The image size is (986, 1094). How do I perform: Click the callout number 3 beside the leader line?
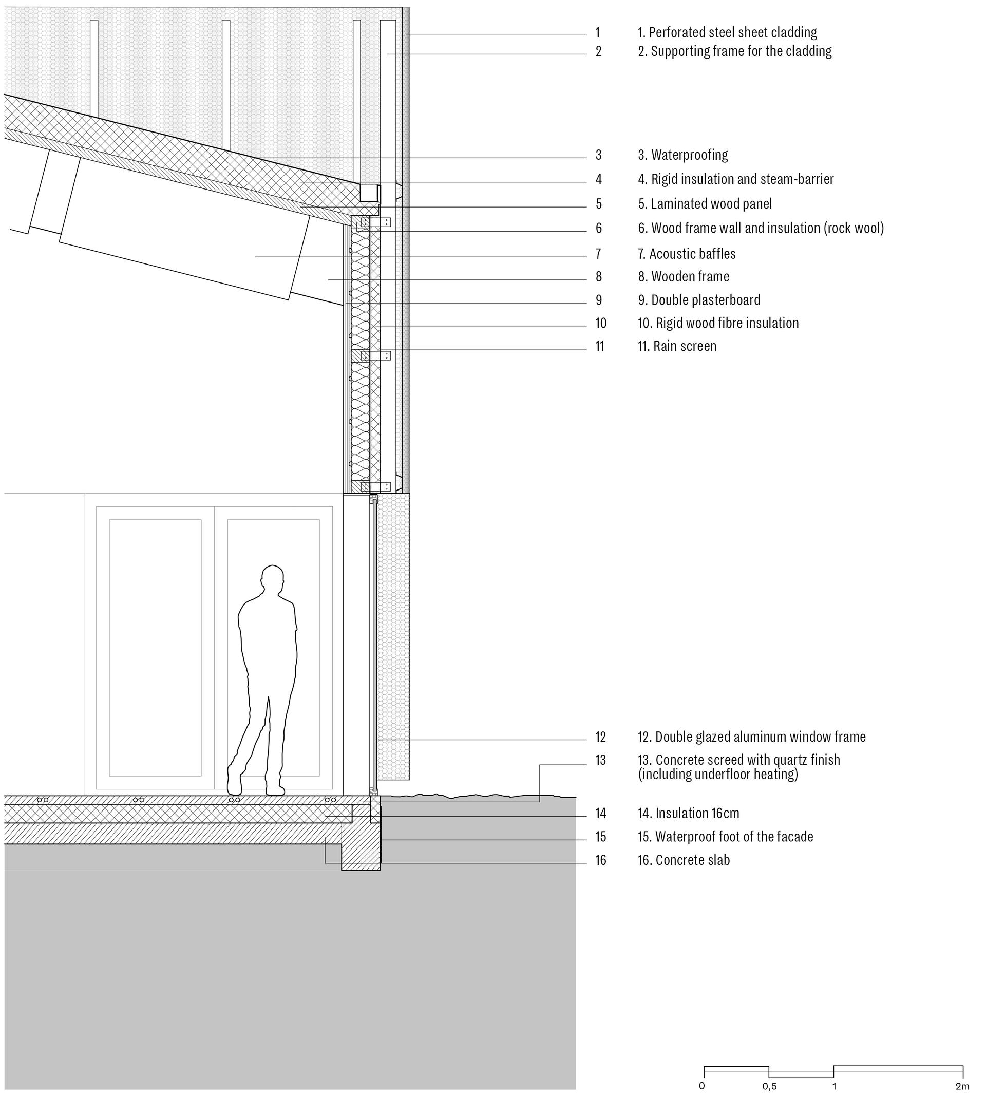point(599,155)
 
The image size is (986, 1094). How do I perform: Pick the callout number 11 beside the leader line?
point(600,346)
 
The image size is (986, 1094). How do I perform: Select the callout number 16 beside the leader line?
point(601,860)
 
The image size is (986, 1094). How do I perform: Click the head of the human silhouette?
point(272,579)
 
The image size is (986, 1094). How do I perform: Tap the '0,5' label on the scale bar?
point(769,1071)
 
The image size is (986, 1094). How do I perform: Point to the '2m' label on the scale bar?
point(962,1071)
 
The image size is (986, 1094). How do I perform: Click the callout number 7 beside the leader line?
point(599,254)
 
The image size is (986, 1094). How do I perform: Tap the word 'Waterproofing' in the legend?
point(689,156)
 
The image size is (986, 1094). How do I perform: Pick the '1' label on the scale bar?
point(835,1071)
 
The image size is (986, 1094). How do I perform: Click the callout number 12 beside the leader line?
point(600,737)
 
